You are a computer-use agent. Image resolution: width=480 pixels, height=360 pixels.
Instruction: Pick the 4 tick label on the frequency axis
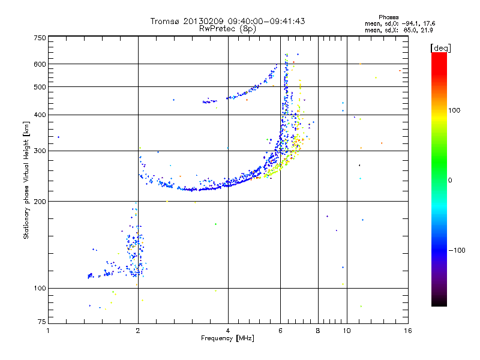point(228,331)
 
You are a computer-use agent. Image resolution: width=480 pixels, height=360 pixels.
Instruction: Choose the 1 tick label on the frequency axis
point(49,331)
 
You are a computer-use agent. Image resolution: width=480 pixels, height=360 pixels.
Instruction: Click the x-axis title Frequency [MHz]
point(227,339)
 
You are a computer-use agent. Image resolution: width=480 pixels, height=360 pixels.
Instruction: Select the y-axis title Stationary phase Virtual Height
point(26,181)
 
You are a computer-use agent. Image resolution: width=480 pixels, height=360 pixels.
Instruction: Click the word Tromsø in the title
point(164,21)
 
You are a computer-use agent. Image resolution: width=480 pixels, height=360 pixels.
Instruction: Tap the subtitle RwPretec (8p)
point(227,28)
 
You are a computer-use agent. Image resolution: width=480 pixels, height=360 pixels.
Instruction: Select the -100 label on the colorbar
point(457,250)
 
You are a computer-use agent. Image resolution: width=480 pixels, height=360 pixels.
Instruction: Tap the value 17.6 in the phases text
point(427,23)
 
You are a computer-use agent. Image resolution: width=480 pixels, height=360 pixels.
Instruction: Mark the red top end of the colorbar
point(439,55)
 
